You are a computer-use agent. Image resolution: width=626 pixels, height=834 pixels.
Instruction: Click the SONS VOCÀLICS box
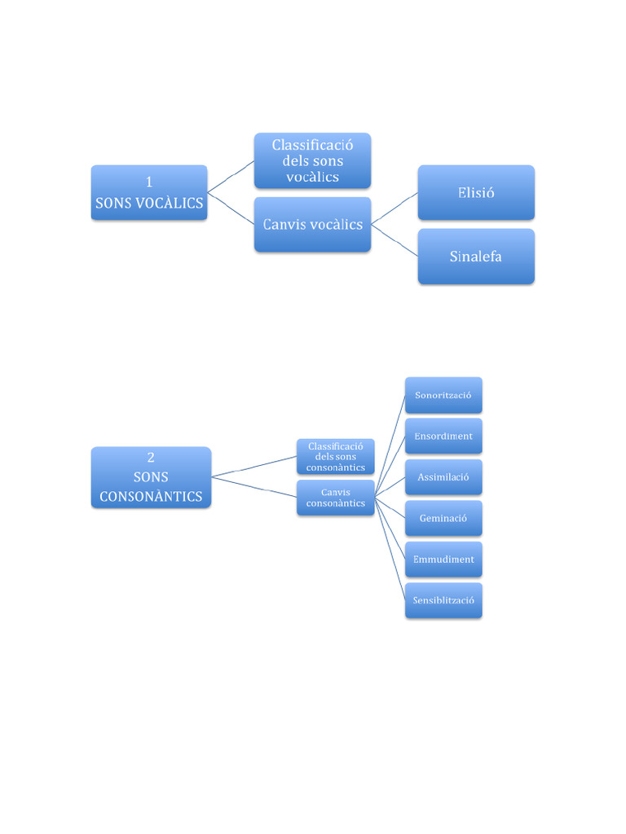click(x=149, y=193)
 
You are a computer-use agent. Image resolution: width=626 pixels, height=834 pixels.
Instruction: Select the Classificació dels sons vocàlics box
click(x=312, y=160)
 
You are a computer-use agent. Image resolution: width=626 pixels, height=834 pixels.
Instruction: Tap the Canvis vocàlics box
click(x=312, y=224)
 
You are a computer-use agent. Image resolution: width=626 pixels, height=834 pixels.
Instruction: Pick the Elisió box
click(x=476, y=193)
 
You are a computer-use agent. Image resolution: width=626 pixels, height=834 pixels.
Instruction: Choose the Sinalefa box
click(x=476, y=257)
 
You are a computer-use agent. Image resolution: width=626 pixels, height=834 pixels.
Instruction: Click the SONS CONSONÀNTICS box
click(x=151, y=477)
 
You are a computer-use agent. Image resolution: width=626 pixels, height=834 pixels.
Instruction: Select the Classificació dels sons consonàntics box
click(x=336, y=457)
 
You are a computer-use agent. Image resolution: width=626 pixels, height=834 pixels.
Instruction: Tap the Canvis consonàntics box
click(x=336, y=498)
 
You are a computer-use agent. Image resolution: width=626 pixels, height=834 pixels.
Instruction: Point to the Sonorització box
click(x=443, y=395)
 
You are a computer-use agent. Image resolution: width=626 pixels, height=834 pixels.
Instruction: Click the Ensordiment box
click(x=443, y=436)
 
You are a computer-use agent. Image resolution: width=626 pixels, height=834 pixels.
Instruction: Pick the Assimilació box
click(x=443, y=477)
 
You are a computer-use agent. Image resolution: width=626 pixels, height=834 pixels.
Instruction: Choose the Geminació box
click(x=443, y=518)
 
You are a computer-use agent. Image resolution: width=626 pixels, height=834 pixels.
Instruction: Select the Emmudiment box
click(x=443, y=560)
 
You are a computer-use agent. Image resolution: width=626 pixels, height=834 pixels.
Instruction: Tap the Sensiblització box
click(x=443, y=601)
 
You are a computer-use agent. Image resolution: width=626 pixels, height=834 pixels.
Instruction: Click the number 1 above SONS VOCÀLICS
click(x=149, y=182)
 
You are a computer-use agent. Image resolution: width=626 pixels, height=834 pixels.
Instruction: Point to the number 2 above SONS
click(x=151, y=458)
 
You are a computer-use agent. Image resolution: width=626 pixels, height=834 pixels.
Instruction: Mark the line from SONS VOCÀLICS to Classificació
click(x=231, y=177)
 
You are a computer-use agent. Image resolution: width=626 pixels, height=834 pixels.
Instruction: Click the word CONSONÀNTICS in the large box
click(x=151, y=496)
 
